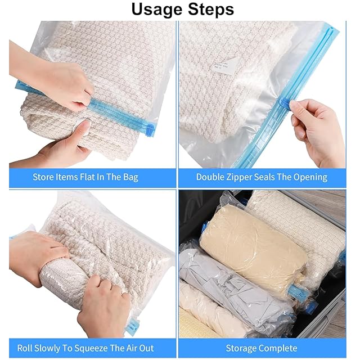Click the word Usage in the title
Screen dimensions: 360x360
click(157, 10)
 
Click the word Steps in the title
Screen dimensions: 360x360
click(211, 9)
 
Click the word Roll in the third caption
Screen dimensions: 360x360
click(24, 348)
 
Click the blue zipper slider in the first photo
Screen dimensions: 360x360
click(149, 130)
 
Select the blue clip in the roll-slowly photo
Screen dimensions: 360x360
click(131, 326)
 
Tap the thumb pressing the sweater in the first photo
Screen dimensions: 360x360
click(81, 129)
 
